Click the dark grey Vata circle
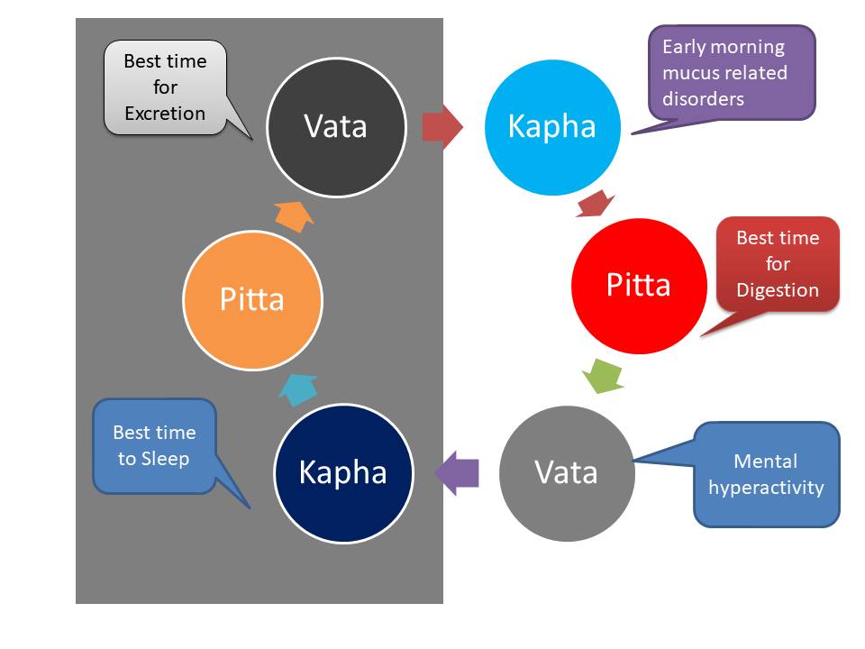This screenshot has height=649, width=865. [335, 125]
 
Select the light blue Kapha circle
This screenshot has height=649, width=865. [551, 125]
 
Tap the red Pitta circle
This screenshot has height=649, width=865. [638, 285]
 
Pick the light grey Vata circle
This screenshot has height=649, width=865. [566, 471]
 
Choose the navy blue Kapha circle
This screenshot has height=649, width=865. [342, 471]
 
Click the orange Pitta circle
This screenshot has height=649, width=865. [252, 298]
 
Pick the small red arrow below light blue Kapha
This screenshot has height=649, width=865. [595, 204]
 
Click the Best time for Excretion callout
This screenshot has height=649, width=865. [165, 87]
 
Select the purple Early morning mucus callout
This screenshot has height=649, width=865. [732, 72]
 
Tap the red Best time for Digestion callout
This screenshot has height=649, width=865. [778, 263]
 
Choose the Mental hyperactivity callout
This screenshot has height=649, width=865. [766, 474]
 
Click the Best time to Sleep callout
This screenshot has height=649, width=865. [154, 445]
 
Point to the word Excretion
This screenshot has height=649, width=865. [165, 114]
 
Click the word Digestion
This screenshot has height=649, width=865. [778, 290]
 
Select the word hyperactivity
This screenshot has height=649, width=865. [766, 488]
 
